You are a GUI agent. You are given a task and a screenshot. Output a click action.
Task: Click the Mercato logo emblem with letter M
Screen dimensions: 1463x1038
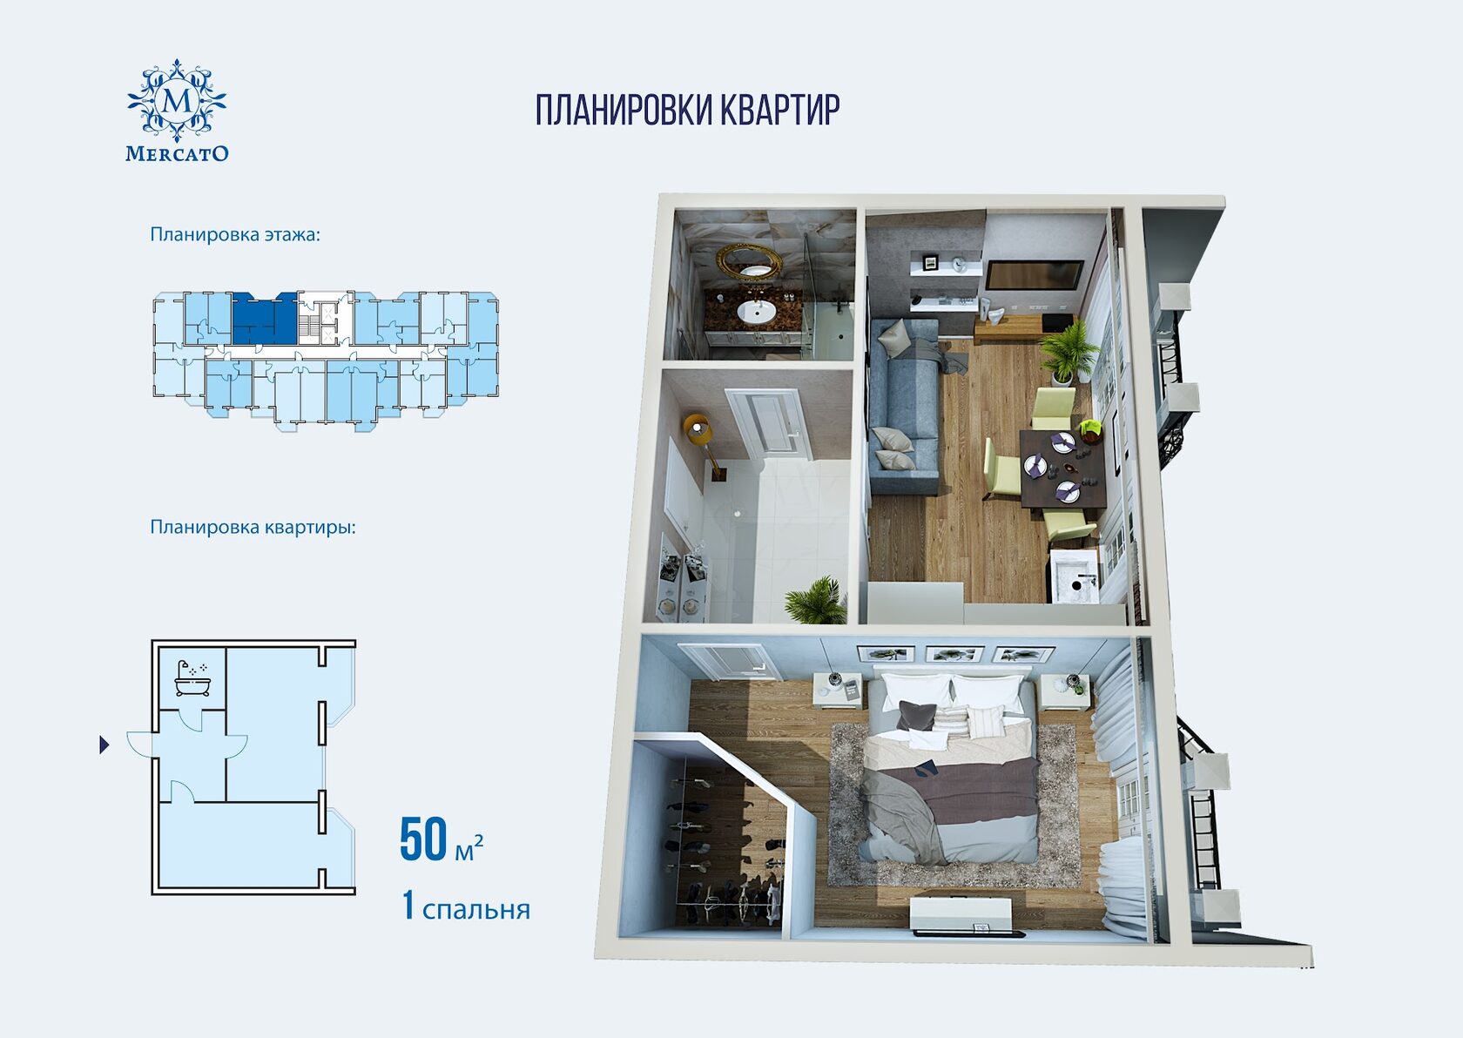(x=177, y=101)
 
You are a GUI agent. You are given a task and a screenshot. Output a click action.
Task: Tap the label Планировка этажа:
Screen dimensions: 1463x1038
(x=235, y=234)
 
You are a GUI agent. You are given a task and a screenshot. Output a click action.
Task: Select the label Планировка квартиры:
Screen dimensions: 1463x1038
(x=253, y=527)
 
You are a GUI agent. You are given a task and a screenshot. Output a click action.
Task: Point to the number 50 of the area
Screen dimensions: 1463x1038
(x=423, y=839)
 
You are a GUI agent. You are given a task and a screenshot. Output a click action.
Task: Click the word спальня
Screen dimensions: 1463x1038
(x=476, y=910)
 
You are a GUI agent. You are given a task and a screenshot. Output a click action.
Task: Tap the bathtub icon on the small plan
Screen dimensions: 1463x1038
(x=192, y=678)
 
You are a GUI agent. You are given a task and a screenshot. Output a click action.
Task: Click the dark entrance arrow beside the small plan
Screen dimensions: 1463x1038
(x=104, y=745)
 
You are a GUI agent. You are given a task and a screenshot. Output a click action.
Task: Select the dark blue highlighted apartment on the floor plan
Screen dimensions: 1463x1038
(x=265, y=319)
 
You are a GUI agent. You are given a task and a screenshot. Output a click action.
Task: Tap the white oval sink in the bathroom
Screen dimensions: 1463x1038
(x=756, y=311)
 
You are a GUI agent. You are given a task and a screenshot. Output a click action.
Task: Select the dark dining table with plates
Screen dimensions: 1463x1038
(x=1062, y=467)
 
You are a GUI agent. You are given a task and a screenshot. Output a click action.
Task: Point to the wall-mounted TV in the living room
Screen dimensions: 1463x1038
(x=1034, y=274)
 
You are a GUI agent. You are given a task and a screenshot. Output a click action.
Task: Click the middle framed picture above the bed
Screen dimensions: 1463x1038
(x=954, y=653)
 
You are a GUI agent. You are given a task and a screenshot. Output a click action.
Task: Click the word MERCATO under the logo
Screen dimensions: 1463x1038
(x=177, y=153)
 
